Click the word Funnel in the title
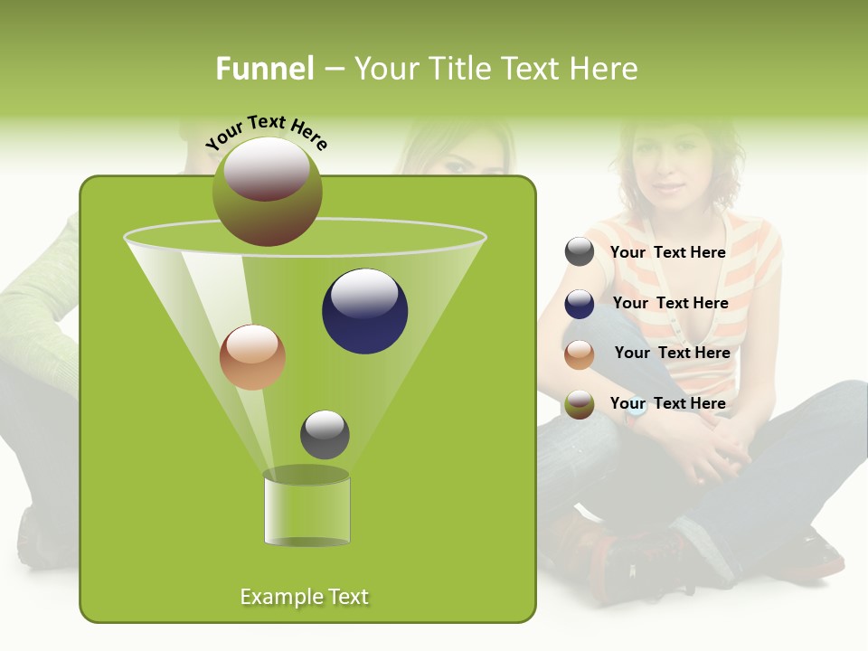(264, 69)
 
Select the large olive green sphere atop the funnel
(267, 192)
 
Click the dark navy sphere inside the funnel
(364, 311)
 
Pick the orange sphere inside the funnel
(252, 357)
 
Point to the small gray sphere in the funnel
(325, 434)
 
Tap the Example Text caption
(305, 597)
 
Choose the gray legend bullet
(580, 252)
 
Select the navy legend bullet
(580, 304)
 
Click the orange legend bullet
(580, 354)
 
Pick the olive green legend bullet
(580, 405)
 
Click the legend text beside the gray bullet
(667, 252)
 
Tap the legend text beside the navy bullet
(670, 303)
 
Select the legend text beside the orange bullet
(672, 353)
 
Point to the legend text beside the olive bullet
(667, 403)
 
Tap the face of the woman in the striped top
(669, 167)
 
